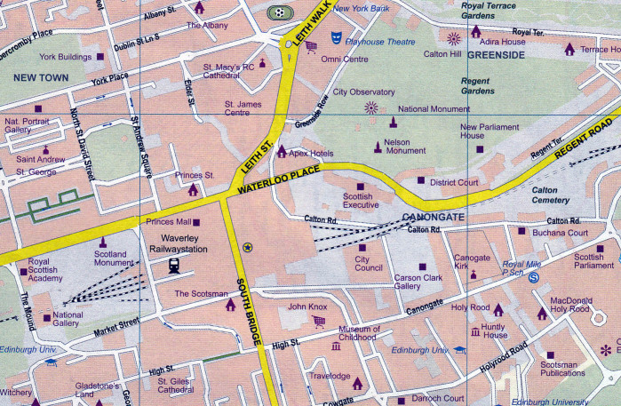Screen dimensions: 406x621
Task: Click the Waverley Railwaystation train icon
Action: coord(175,265)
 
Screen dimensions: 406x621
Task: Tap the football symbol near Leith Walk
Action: coord(280,13)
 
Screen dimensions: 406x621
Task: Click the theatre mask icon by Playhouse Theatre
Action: coord(335,37)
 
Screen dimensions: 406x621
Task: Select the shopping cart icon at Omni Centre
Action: coord(311,46)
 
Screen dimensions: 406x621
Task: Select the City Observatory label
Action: coord(363,92)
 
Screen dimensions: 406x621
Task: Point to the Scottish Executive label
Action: coord(362,201)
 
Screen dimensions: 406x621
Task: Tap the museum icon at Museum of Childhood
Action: coord(337,346)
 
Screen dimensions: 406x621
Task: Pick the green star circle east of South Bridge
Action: coord(248,247)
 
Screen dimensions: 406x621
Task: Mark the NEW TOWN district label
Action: coord(40,78)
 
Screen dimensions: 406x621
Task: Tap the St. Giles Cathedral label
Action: coord(175,386)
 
